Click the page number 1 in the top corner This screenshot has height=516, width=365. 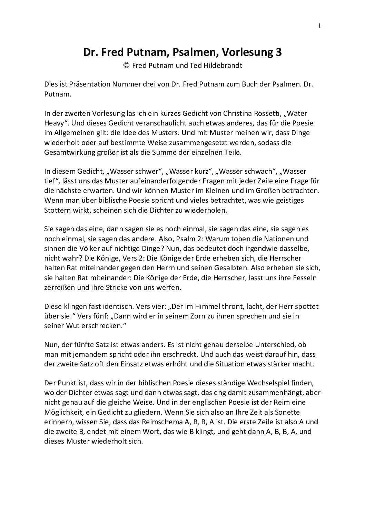[x=320, y=25]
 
